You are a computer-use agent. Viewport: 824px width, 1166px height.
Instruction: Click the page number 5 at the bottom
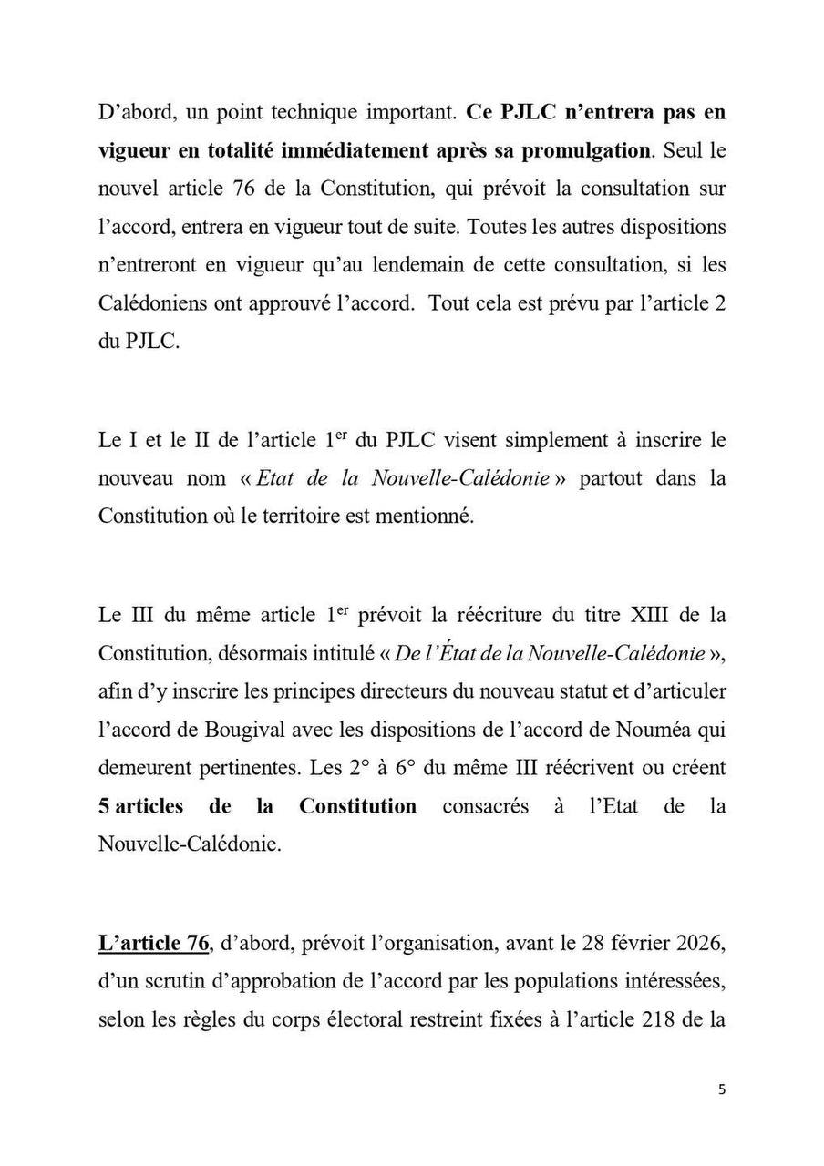coord(722,1089)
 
